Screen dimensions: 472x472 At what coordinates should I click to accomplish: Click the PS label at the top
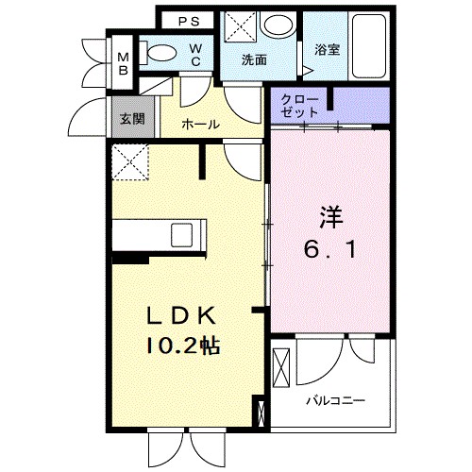tap(189, 20)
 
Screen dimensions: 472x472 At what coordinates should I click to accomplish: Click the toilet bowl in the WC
tap(162, 55)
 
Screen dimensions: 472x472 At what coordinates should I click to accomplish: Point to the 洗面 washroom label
tap(253, 59)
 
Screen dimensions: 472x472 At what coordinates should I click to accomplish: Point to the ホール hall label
tap(201, 124)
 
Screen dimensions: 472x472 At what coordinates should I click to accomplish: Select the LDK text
tap(182, 315)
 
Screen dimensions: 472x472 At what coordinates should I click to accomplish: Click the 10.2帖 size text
tap(182, 346)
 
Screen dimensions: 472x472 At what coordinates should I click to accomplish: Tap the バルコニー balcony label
tap(334, 399)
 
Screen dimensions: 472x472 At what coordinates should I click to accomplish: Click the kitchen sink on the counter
tap(183, 233)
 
